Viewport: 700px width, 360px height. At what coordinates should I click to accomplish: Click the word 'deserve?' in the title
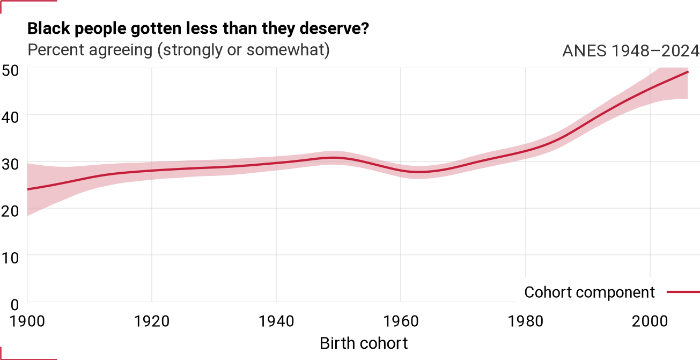(x=334, y=28)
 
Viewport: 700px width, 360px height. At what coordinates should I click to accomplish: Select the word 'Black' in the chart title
(x=49, y=28)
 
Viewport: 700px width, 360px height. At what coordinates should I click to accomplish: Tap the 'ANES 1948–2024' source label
(x=631, y=50)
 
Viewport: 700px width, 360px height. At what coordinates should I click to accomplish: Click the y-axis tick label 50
(x=10, y=71)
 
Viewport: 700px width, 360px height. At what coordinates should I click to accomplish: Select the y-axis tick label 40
(x=10, y=117)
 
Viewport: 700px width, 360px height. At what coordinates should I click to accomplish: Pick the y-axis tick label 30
(x=10, y=164)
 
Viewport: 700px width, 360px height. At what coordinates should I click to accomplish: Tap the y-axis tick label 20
(x=10, y=211)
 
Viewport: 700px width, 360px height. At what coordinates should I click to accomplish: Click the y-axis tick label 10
(x=10, y=258)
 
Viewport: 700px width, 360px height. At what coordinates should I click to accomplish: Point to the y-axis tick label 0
(x=14, y=305)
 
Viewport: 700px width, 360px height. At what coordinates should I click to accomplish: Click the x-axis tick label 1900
(x=27, y=321)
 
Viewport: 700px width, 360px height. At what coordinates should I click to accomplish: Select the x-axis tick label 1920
(x=152, y=321)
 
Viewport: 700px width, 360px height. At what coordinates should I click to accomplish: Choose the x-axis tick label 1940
(x=276, y=321)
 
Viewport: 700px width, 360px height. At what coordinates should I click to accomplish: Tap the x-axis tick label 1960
(x=401, y=321)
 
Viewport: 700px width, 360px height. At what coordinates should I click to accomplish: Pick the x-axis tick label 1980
(x=526, y=321)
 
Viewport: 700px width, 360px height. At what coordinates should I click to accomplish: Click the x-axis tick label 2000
(x=650, y=321)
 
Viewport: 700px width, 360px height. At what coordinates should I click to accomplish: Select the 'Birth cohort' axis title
(x=364, y=343)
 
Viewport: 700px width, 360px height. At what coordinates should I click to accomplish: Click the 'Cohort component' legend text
(x=590, y=293)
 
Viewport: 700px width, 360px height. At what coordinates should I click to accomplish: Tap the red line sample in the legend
(x=683, y=292)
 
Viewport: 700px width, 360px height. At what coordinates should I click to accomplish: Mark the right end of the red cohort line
(x=688, y=72)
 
